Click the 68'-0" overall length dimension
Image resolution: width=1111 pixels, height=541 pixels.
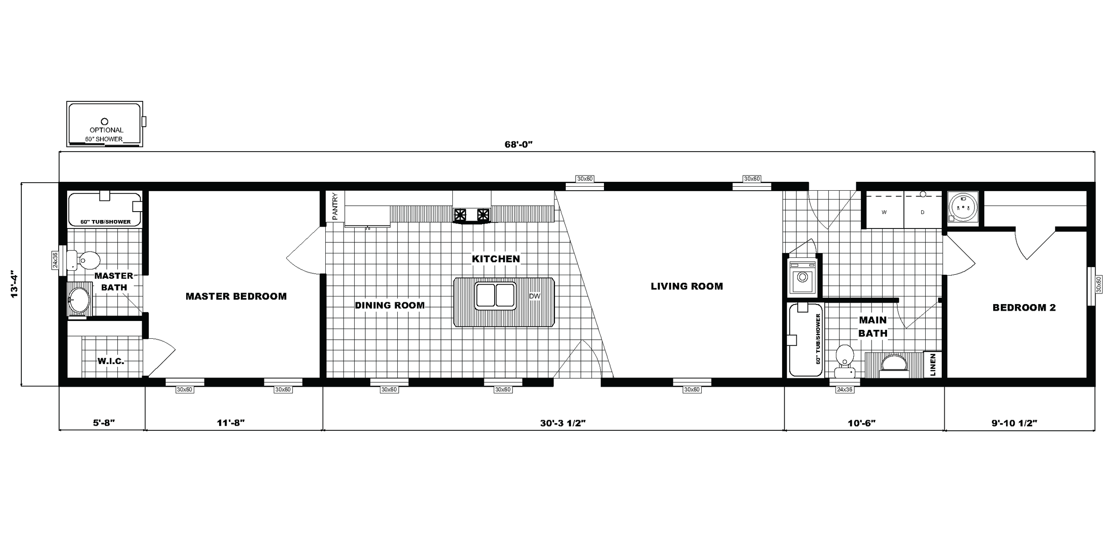click(x=518, y=144)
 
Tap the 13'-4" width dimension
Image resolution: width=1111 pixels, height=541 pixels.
click(x=15, y=284)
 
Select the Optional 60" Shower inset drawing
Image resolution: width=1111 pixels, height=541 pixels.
click(x=105, y=124)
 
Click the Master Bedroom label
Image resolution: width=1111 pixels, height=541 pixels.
click(x=236, y=297)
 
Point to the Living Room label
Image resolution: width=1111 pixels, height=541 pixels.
click(x=687, y=286)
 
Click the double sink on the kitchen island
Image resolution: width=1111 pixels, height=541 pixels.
click(x=495, y=296)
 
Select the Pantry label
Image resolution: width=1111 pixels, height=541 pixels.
click(x=335, y=206)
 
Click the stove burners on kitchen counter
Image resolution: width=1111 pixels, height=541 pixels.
click(x=472, y=215)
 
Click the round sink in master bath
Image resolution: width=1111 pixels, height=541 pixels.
click(x=79, y=301)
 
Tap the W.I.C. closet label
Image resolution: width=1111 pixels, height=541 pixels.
click(x=111, y=361)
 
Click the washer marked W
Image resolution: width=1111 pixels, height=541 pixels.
click(x=884, y=212)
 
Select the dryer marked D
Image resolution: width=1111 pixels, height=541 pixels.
click(x=922, y=212)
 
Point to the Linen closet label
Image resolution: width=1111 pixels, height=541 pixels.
click(x=933, y=365)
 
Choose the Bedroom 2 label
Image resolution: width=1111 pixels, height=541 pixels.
click(x=1024, y=308)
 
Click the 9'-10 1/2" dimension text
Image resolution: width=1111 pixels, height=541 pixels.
click(x=1014, y=423)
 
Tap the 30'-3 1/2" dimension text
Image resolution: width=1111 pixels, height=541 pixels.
click(x=563, y=423)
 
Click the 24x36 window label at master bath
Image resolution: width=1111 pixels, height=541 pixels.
click(x=55, y=260)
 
